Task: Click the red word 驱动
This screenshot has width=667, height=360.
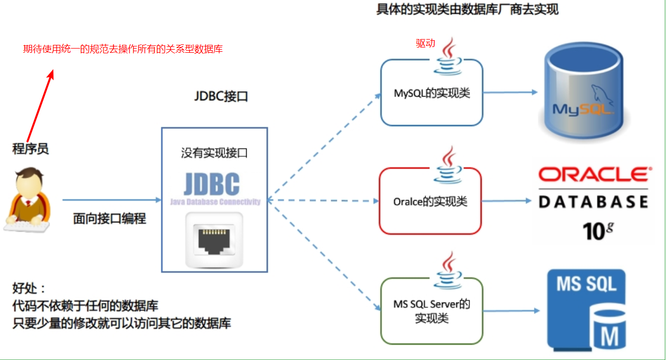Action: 425,44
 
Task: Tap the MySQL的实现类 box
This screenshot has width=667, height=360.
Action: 431,93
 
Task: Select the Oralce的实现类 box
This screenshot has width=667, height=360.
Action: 430,202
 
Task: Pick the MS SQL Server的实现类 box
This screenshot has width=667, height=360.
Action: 431,311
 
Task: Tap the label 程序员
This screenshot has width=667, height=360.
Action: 31,149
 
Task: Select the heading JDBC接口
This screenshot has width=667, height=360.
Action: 221,97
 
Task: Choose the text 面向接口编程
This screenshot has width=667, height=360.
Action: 109,219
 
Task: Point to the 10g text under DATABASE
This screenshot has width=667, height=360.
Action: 599,231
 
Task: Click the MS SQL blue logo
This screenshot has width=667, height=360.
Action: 586,309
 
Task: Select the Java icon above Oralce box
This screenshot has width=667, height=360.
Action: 448,164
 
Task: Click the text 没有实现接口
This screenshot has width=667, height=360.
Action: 214,154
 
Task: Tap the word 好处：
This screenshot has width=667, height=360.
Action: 30,289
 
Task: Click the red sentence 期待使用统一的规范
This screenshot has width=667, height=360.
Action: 123,49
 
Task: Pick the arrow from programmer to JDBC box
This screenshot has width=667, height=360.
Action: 111,200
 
